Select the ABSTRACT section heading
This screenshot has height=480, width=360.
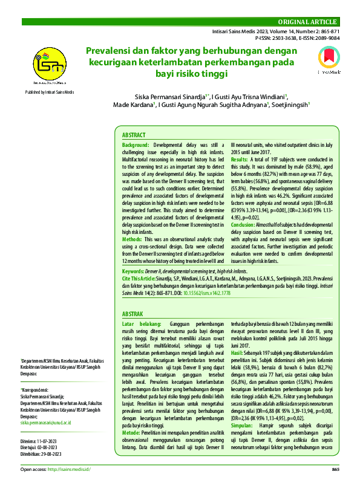click(134, 136)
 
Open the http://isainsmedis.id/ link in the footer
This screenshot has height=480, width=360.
click(68, 469)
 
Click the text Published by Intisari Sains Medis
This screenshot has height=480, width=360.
click(50, 91)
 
